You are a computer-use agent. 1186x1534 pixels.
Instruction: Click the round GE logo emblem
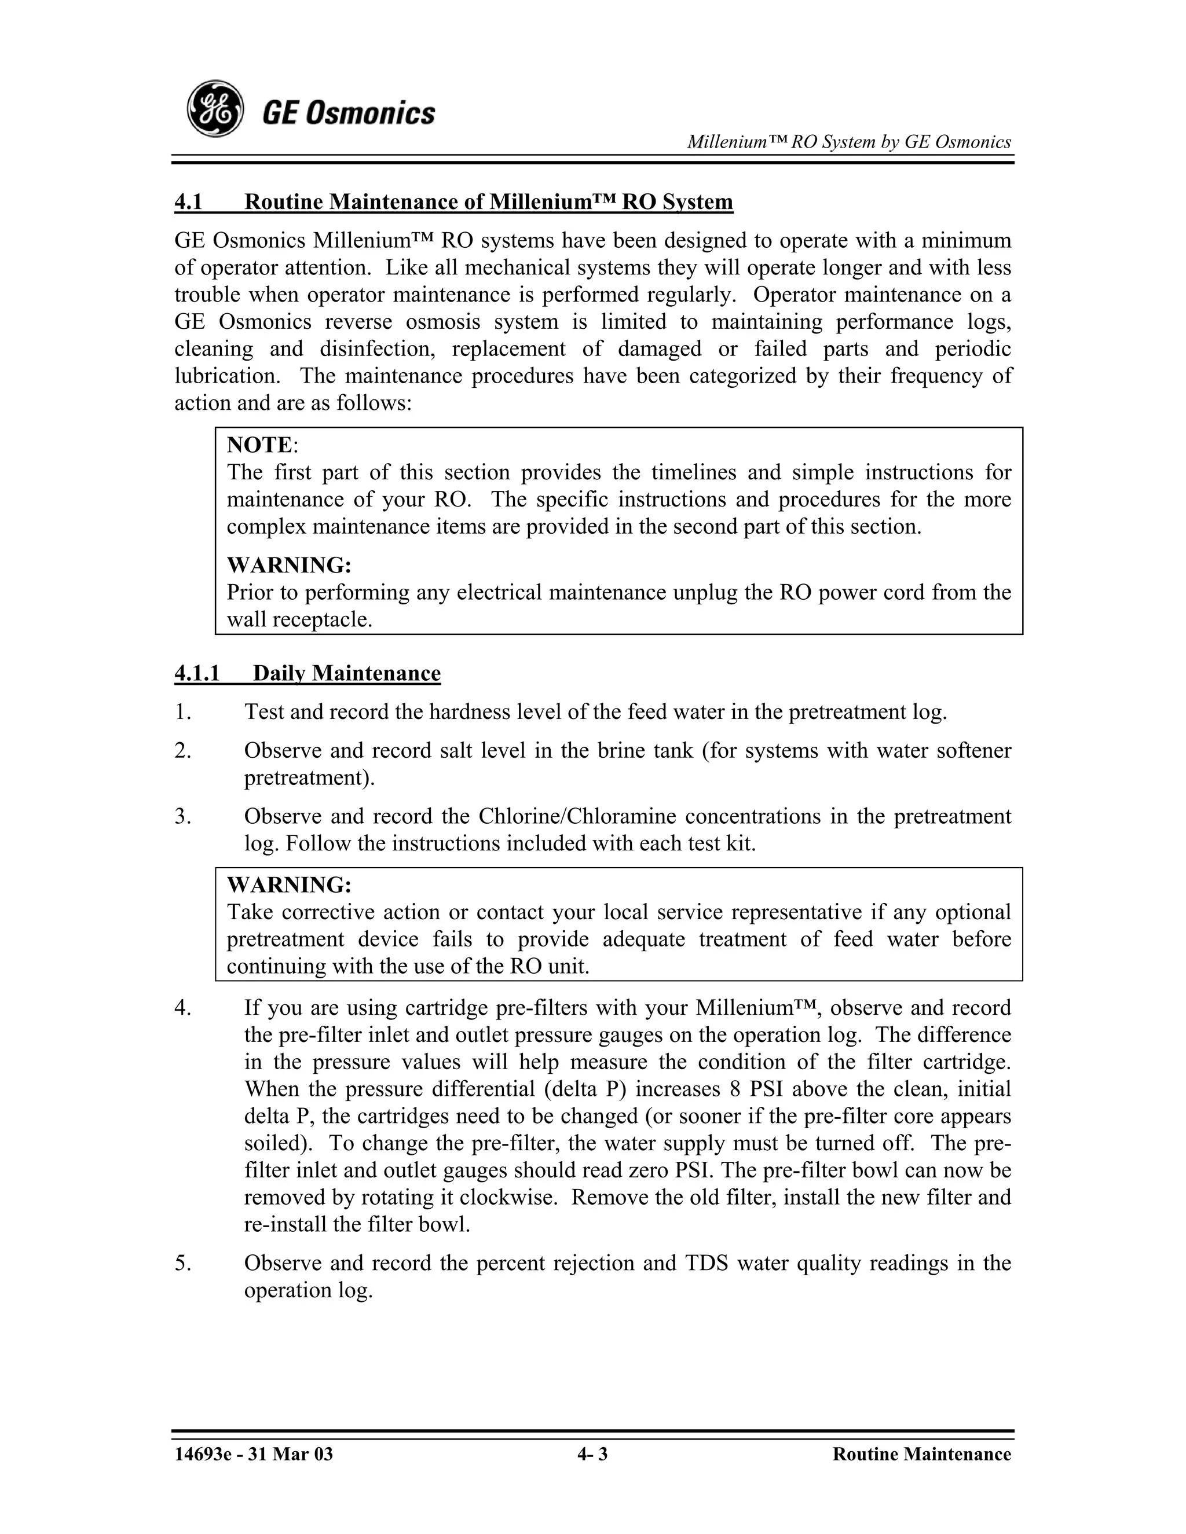[x=215, y=109]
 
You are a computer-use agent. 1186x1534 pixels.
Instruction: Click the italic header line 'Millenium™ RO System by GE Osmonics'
[x=849, y=142]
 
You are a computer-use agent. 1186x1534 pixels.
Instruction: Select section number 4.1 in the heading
[x=188, y=202]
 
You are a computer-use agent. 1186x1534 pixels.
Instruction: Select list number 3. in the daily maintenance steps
[x=182, y=816]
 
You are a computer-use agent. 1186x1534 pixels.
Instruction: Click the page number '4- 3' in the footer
[x=592, y=1454]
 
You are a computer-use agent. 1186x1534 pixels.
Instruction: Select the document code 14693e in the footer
[x=200, y=1454]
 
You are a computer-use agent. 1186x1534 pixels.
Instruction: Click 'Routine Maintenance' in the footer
[x=922, y=1454]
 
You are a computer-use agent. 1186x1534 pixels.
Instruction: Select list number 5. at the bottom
[x=182, y=1263]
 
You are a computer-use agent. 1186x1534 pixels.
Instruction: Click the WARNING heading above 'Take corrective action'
[x=289, y=885]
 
